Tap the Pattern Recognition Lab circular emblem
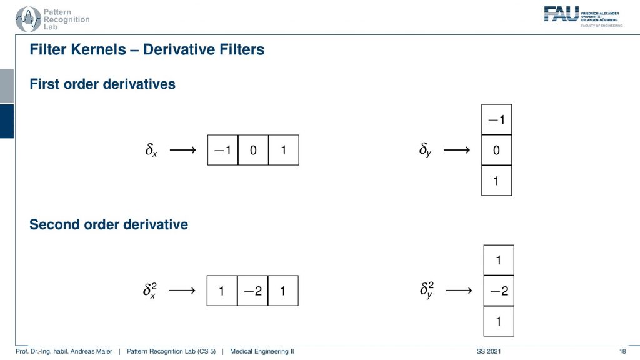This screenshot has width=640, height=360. [28, 19]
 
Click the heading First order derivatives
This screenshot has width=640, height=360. [102, 84]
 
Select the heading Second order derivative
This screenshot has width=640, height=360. [109, 224]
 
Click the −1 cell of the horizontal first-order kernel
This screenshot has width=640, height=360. [223, 150]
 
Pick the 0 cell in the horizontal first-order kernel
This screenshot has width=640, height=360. [253, 150]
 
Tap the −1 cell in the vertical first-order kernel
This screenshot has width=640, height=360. [496, 119]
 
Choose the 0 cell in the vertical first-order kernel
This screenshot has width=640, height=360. [496, 150]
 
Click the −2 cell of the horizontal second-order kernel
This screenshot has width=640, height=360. [252, 291]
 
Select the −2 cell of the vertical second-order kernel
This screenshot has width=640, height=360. [499, 291]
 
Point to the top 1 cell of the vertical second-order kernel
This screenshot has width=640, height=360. [499, 261]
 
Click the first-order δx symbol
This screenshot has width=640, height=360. [151, 150]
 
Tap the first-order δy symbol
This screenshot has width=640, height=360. [425, 149]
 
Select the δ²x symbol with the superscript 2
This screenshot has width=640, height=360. [150, 290]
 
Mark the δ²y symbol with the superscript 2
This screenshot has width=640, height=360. [426, 290]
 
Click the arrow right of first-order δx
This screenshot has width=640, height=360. [183, 150]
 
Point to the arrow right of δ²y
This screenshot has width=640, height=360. [459, 291]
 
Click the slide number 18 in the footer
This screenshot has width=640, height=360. [622, 351]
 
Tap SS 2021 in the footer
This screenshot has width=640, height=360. [489, 351]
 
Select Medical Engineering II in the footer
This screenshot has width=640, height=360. [262, 351]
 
